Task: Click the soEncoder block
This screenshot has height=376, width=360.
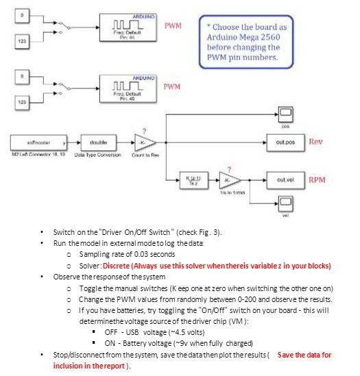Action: [40, 142]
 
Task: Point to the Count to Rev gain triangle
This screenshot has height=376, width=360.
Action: [145, 142]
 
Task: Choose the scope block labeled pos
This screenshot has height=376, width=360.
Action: [284, 113]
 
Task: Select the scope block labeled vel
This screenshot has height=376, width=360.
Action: [284, 203]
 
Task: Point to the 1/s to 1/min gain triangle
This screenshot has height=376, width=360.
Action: [230, 180]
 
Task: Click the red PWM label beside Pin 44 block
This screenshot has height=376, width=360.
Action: [172, 25]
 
